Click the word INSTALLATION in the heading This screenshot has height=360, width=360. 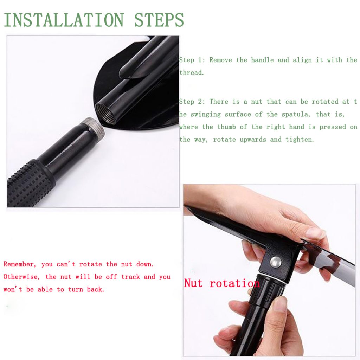point(64,20)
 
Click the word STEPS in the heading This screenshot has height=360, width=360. point(159,20)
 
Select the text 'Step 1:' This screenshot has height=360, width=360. point(192,60)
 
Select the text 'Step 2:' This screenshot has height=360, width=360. point(192,102)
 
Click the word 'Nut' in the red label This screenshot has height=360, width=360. point(193,283)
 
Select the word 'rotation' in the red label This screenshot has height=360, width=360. point(234,283)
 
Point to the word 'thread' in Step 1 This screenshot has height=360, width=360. point(191,73)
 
